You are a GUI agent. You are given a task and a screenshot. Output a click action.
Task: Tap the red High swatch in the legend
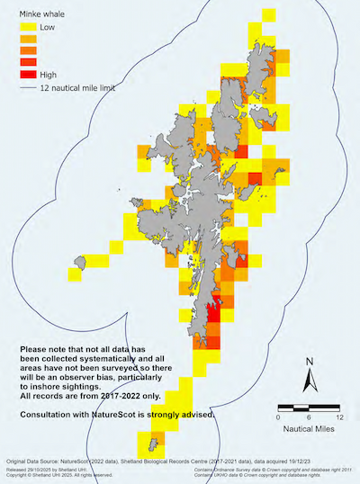[26, 75]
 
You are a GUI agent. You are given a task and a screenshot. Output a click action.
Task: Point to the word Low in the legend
[48, 29]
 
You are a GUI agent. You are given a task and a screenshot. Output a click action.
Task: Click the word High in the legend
[49, 75]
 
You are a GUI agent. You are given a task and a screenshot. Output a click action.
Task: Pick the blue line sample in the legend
[26, 89]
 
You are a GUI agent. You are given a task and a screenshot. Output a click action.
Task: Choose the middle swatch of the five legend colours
[26, 51]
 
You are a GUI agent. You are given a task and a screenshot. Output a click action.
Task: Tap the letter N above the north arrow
[309, 363]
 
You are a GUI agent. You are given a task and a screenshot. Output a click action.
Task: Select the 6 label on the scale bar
[309, 418]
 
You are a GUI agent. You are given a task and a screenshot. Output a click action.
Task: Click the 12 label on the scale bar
[338, 418]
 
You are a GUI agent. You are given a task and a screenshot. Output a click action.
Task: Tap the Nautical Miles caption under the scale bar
[309, 432]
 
